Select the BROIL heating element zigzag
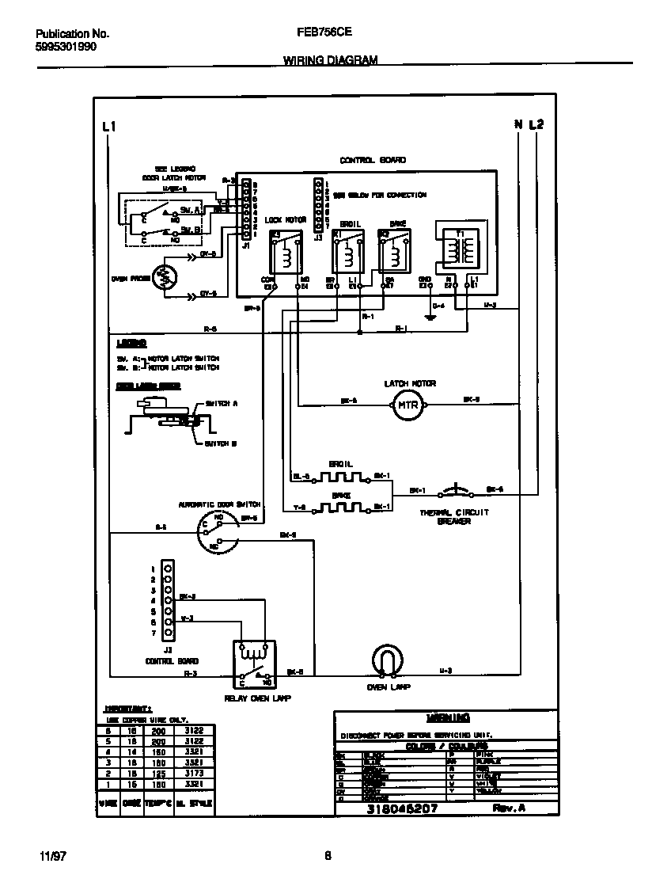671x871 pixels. click(x=341, y=477)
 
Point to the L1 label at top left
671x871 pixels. click(x=110, y=127)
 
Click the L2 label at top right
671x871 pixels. click(x=537, y=124)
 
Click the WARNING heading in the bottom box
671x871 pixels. click(x=447, y=717)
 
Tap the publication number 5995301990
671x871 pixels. click(x=67, y=47)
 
